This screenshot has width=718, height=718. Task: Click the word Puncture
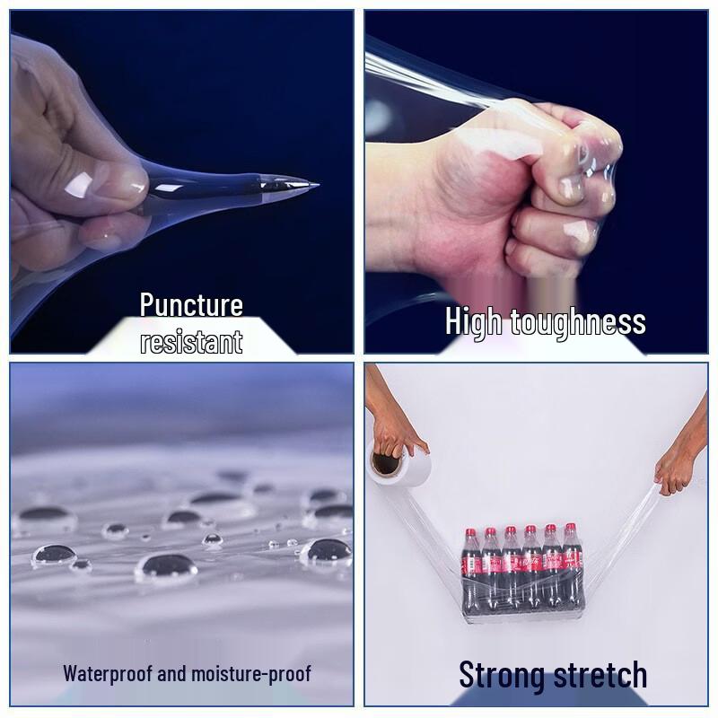click(x=191, y=305)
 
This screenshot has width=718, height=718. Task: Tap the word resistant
click(x=191, y=341)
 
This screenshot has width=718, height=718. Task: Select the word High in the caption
click(x=474, y=321)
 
